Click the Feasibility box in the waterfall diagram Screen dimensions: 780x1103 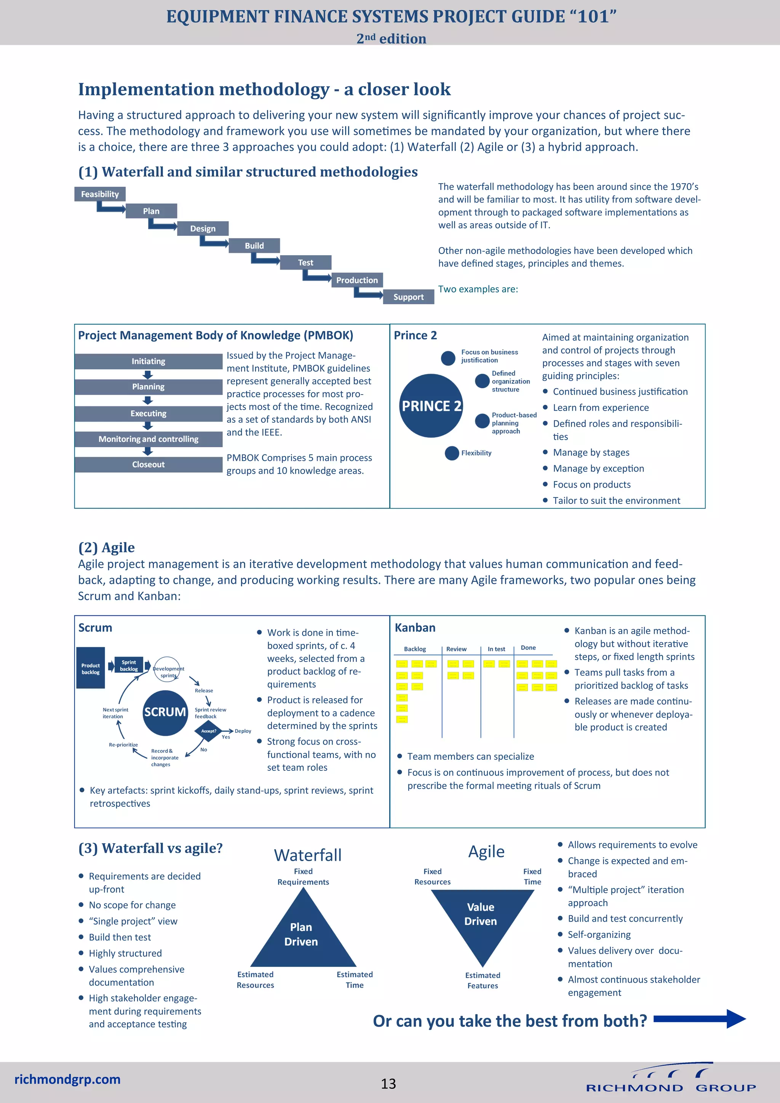click(x=100, y=194)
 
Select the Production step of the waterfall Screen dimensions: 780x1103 click(x=357, y=280)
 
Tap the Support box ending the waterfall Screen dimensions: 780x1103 click(x=408, y=297)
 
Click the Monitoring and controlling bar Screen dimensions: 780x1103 click(x=149, y=439)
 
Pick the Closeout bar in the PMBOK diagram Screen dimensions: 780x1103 click(x=149, y=465)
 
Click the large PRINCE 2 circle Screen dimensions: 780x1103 click(x=431, y=406)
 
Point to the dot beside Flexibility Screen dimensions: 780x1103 click(x=451, y=453)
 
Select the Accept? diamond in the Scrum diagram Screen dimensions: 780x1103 click(x=208, y=731)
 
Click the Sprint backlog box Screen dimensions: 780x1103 click(x=128, y=665)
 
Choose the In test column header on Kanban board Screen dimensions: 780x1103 click(x=496, y=649)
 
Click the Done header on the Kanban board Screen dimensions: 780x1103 click(x=528, y=647)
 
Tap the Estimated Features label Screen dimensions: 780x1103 click(x=483, y=980)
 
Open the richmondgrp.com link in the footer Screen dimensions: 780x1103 click(x=67, y=1079)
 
